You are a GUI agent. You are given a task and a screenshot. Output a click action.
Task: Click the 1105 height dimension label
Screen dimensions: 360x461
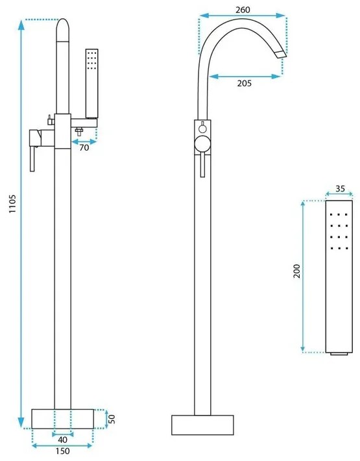[x=13, y=203]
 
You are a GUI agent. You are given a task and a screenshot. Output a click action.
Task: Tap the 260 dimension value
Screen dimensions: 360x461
[x=243, y=10]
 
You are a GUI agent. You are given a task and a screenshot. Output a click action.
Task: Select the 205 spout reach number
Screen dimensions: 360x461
[x=245, y=83]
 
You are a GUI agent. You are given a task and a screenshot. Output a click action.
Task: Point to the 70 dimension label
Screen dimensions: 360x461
[x=84, y=147]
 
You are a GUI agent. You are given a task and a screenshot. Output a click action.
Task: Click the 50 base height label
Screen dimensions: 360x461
[x=112, y=419]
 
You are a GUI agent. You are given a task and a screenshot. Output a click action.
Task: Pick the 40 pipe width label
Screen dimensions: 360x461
[x=62, y=440]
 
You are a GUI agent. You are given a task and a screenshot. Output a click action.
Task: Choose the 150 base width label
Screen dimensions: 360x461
[x=62, y=451]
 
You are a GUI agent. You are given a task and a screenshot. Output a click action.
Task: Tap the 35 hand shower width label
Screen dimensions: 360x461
[x=340, y=188]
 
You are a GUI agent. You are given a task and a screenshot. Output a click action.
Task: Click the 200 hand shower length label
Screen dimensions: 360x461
[x=297, y=271]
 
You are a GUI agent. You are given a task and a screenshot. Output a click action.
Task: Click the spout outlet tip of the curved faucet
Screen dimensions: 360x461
[x=282, y=55]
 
